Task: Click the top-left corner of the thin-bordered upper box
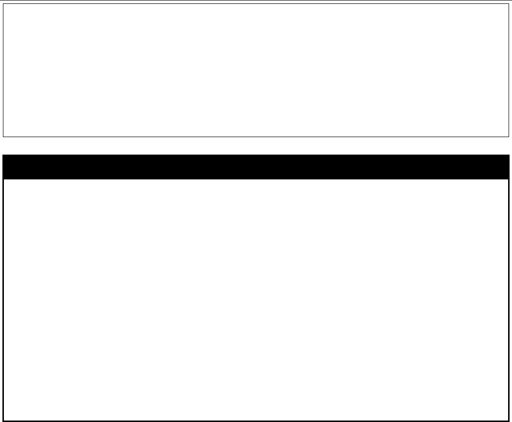[x=3, y=4]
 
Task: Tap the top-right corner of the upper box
[x=508, y=4]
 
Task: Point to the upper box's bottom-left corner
[x=3, y=137]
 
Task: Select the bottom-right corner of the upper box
[x=508, y=137]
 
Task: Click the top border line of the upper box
[x=256, y=4]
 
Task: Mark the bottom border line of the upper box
[x=256, y=137]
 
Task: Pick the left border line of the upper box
[x=3, y=70]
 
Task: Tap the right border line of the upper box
[x=508, y=70]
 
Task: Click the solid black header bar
[x=256, y=167]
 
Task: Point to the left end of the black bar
[x=4, y=167]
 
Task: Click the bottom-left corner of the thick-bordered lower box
[x=4, y=420]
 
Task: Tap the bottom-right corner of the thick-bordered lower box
[x=508, y=420]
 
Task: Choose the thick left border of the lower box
[x=4, y=299]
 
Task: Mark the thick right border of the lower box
[x=508, y=299]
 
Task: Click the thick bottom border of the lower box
[x=256, y=420]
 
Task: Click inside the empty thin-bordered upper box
[x=256, y=70]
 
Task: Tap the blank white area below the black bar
[x=256, y=299]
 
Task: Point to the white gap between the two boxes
[x=256, y=146]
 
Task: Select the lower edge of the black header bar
[x=256, y=178]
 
